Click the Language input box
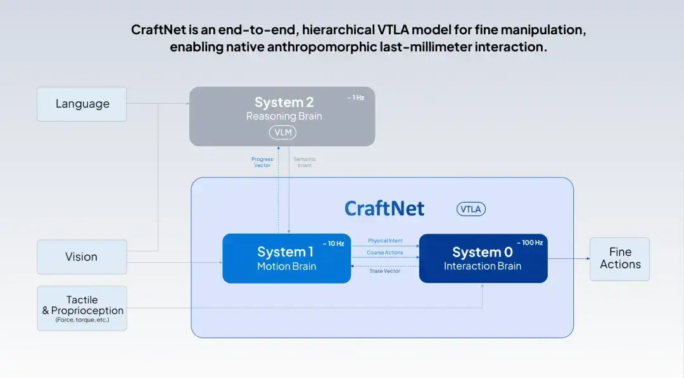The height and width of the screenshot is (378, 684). (82, 104)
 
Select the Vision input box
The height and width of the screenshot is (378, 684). (82, 257)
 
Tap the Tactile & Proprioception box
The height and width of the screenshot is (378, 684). (82, 308)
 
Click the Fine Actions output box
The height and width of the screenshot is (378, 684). (619, 259)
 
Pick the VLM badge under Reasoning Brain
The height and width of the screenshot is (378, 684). (282, 132)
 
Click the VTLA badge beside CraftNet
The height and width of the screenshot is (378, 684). (471, 210)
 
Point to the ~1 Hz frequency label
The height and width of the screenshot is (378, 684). (355, 98)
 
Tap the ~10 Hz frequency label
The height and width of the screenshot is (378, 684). (333, 244)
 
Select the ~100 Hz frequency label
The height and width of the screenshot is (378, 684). (529, 243)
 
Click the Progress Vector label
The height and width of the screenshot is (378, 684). (262, 162)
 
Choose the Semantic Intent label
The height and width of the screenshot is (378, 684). (305, 162)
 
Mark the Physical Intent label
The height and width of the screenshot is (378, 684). (385, 241)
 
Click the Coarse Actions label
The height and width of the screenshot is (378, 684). (385, 253)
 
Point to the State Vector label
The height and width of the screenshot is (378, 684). (385, 271)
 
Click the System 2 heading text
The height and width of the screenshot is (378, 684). (284, 103)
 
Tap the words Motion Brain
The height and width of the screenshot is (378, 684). (287, 267)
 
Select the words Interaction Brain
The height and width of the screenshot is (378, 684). (483, 266)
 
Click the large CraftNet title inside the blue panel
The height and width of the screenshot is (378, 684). (384, 209)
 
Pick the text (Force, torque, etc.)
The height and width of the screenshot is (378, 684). (82, 320)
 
